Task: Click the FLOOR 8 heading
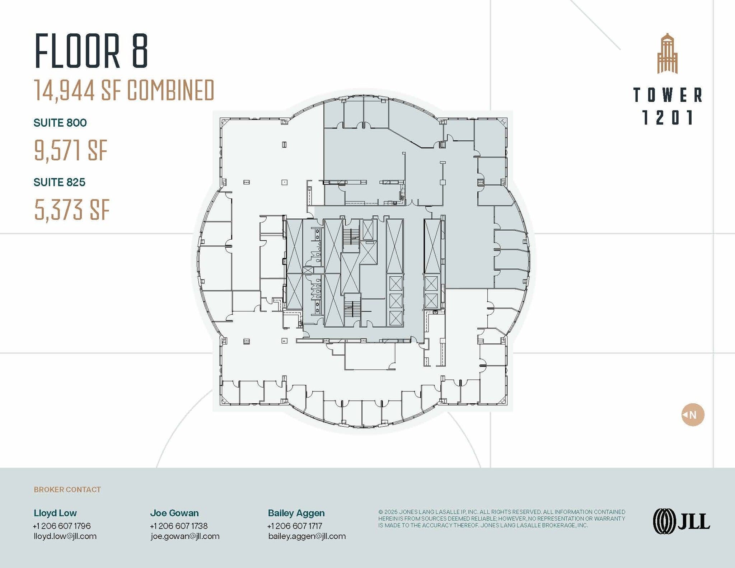coord(91,51)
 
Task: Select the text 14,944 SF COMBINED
coord(124,90)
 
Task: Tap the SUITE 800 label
coord(60,123)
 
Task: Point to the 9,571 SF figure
coord(71,150)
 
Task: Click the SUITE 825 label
coord(59,182)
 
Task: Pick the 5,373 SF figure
coord(72,210)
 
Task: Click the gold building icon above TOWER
coord(667,54)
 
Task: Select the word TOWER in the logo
coord(668,95)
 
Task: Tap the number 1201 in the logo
coord(668,118)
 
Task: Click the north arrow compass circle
coord(693,415)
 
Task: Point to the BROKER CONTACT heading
coord(67,490)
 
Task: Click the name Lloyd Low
coord(55,513)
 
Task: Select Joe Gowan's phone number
coord(179,526)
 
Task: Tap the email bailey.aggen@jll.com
coord(307,536)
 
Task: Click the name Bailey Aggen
coord(296,513)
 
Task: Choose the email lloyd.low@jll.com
coord(65,536)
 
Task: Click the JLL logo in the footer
coord(681,521)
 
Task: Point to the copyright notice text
coord(501,518)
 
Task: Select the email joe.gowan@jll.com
coord(185,536)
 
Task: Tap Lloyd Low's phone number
coord(62,526)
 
